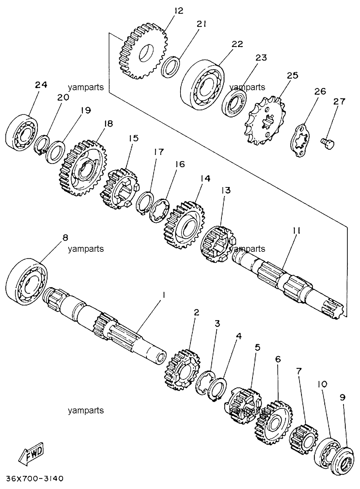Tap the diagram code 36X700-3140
point(35,479)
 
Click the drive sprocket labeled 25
point(265,120)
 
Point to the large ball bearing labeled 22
point(202,85)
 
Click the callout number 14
point(205,178)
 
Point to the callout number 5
point(257,347)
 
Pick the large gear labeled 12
point(143,51)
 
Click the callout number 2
point(196,313)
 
